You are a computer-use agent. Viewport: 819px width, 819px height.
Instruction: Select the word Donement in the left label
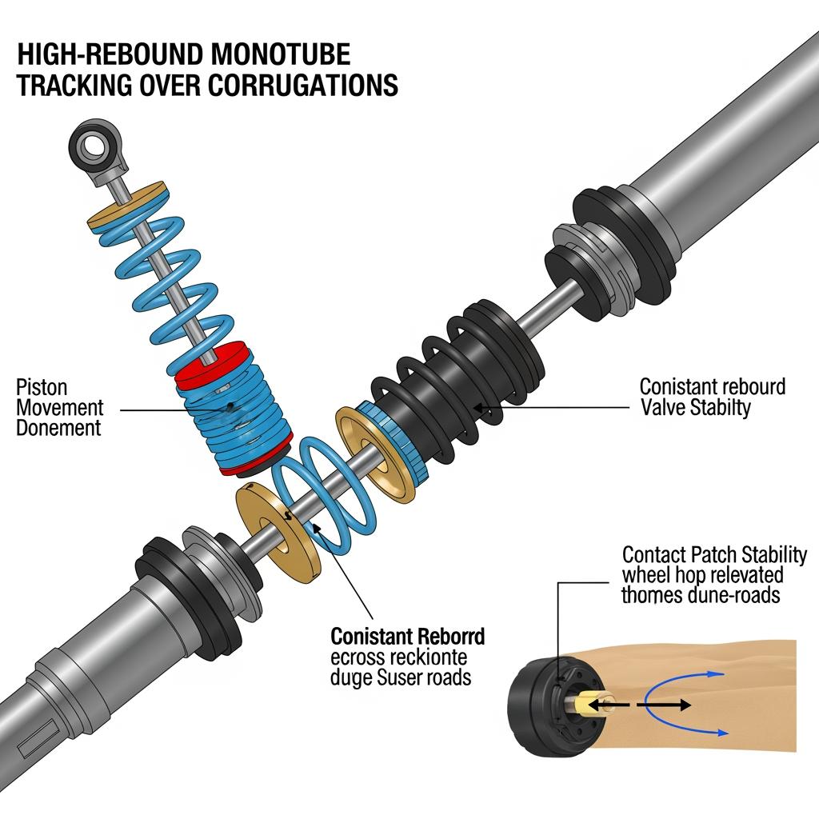(58, 428)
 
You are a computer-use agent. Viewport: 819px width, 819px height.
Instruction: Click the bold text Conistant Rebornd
(407, 637)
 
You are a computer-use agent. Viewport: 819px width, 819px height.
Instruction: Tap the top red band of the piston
(210, 356)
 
